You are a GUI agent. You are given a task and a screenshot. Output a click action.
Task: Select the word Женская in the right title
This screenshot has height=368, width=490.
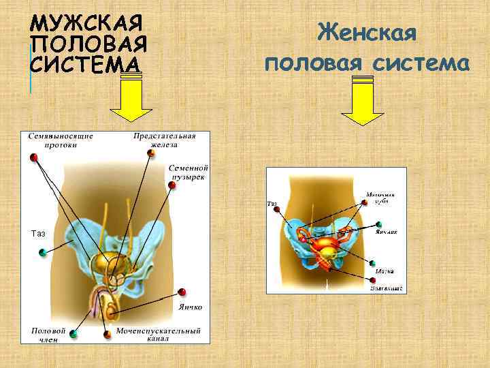tap(367, 33)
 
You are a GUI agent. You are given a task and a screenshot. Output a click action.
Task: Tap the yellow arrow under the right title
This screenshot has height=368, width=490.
tap(363, 100)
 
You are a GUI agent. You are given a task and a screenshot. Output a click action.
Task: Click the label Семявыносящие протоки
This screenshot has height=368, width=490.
tap(61, 140)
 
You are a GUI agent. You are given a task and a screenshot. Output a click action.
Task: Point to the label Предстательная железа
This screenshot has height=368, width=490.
tap(165, 140)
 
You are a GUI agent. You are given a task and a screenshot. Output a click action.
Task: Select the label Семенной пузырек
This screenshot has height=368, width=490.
tap(189, 172)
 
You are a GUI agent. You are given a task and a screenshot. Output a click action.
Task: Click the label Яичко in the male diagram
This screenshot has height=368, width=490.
tap(191, 307)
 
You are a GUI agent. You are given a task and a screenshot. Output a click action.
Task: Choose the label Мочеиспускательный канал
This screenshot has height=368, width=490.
tap(158, 334)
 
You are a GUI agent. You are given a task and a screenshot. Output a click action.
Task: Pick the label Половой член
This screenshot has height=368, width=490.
tap(49, 334)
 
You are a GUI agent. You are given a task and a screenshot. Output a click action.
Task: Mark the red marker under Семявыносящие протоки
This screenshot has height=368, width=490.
tap(33, 157)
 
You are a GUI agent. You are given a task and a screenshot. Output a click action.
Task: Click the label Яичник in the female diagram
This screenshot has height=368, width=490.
tap(386, 232)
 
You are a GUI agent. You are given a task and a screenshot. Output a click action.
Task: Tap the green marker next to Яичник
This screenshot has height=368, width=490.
tap(378, 224)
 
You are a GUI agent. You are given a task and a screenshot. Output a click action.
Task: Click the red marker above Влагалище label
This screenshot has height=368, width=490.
tap(373, 279)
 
